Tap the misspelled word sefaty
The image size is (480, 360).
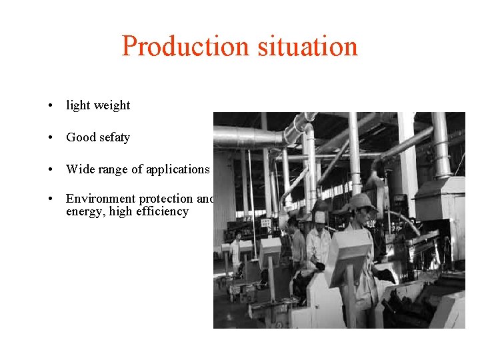coord(115,137)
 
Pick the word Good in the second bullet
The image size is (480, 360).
coord(81,137)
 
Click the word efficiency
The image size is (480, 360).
coord(162,212)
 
